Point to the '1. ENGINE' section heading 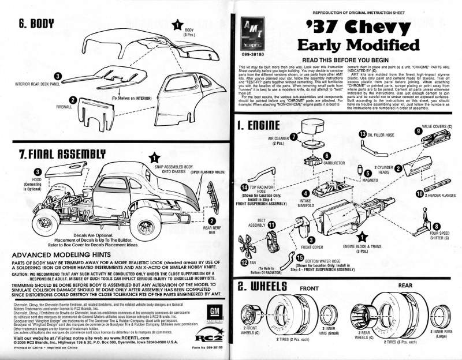coord(259,125)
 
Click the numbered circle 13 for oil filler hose coord(362,134)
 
